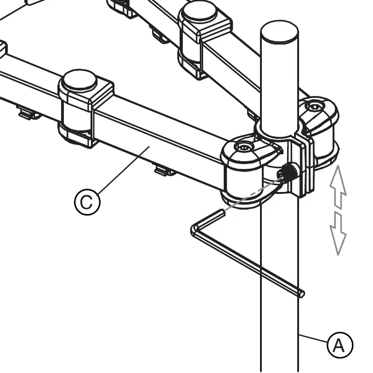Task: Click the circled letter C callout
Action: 87,202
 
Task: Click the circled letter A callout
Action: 339,345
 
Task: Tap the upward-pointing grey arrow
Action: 338,186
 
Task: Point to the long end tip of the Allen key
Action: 301,293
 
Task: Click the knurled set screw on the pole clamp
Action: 288,173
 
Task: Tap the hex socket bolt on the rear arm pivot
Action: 314,106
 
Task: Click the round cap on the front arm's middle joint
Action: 79,81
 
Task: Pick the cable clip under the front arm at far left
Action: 28,112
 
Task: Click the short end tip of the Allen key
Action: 223,212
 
